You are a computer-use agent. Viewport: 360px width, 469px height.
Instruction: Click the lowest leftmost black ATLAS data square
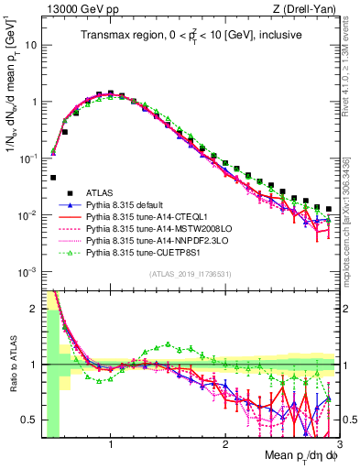[53, 178]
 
